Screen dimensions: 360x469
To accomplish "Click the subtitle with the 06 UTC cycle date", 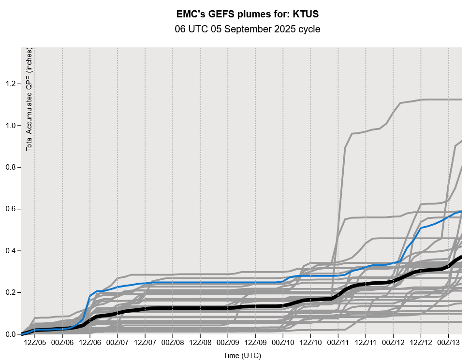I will [x=248, y=29].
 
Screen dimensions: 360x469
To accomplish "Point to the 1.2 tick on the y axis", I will [x=10, y=84].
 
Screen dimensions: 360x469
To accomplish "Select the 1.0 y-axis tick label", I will [x=10, y=126].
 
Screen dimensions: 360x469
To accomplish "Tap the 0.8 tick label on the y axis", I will [x=10, y=167].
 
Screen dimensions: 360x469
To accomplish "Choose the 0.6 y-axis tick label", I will [x=10, y=209].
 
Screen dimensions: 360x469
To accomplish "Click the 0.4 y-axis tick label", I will [x=10, y=251].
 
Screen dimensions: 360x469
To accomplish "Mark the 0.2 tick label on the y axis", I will [x=10, y=293].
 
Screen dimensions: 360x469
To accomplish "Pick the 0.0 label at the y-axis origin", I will [x=10, y=334].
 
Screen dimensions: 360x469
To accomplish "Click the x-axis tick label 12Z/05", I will [x=35, y=342].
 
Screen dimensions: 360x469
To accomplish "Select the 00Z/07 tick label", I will [x=117, y=342].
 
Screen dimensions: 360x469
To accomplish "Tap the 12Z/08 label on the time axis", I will [x=200, y=342].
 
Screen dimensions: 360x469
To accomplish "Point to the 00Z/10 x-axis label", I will [x=283, y=342].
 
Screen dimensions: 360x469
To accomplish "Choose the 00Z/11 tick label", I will [x=338, y=342].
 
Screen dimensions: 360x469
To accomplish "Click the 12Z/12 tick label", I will [x=421, y=342].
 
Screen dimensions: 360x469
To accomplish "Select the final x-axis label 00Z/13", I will [x=448, y=342].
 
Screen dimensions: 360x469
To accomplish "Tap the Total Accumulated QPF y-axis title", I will [x=29, y=99].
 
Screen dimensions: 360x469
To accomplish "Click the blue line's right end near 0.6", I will [x=461, y=211].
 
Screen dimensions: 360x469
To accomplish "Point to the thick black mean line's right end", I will [x=461, y=257].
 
